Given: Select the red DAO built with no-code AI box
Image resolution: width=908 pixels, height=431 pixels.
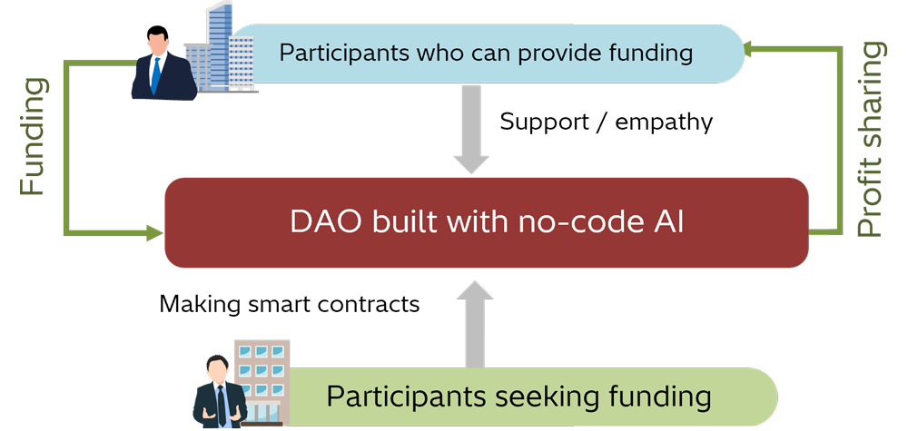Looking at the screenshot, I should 486,222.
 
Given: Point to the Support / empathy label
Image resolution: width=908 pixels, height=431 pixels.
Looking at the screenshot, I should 606,121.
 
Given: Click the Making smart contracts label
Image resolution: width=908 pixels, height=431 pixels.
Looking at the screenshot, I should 289,303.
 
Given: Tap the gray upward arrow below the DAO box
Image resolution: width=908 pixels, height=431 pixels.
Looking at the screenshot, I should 471,322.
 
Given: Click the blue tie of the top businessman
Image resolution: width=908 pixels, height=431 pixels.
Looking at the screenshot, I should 156,74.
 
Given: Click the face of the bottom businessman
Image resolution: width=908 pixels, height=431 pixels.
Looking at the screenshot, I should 216,371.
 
